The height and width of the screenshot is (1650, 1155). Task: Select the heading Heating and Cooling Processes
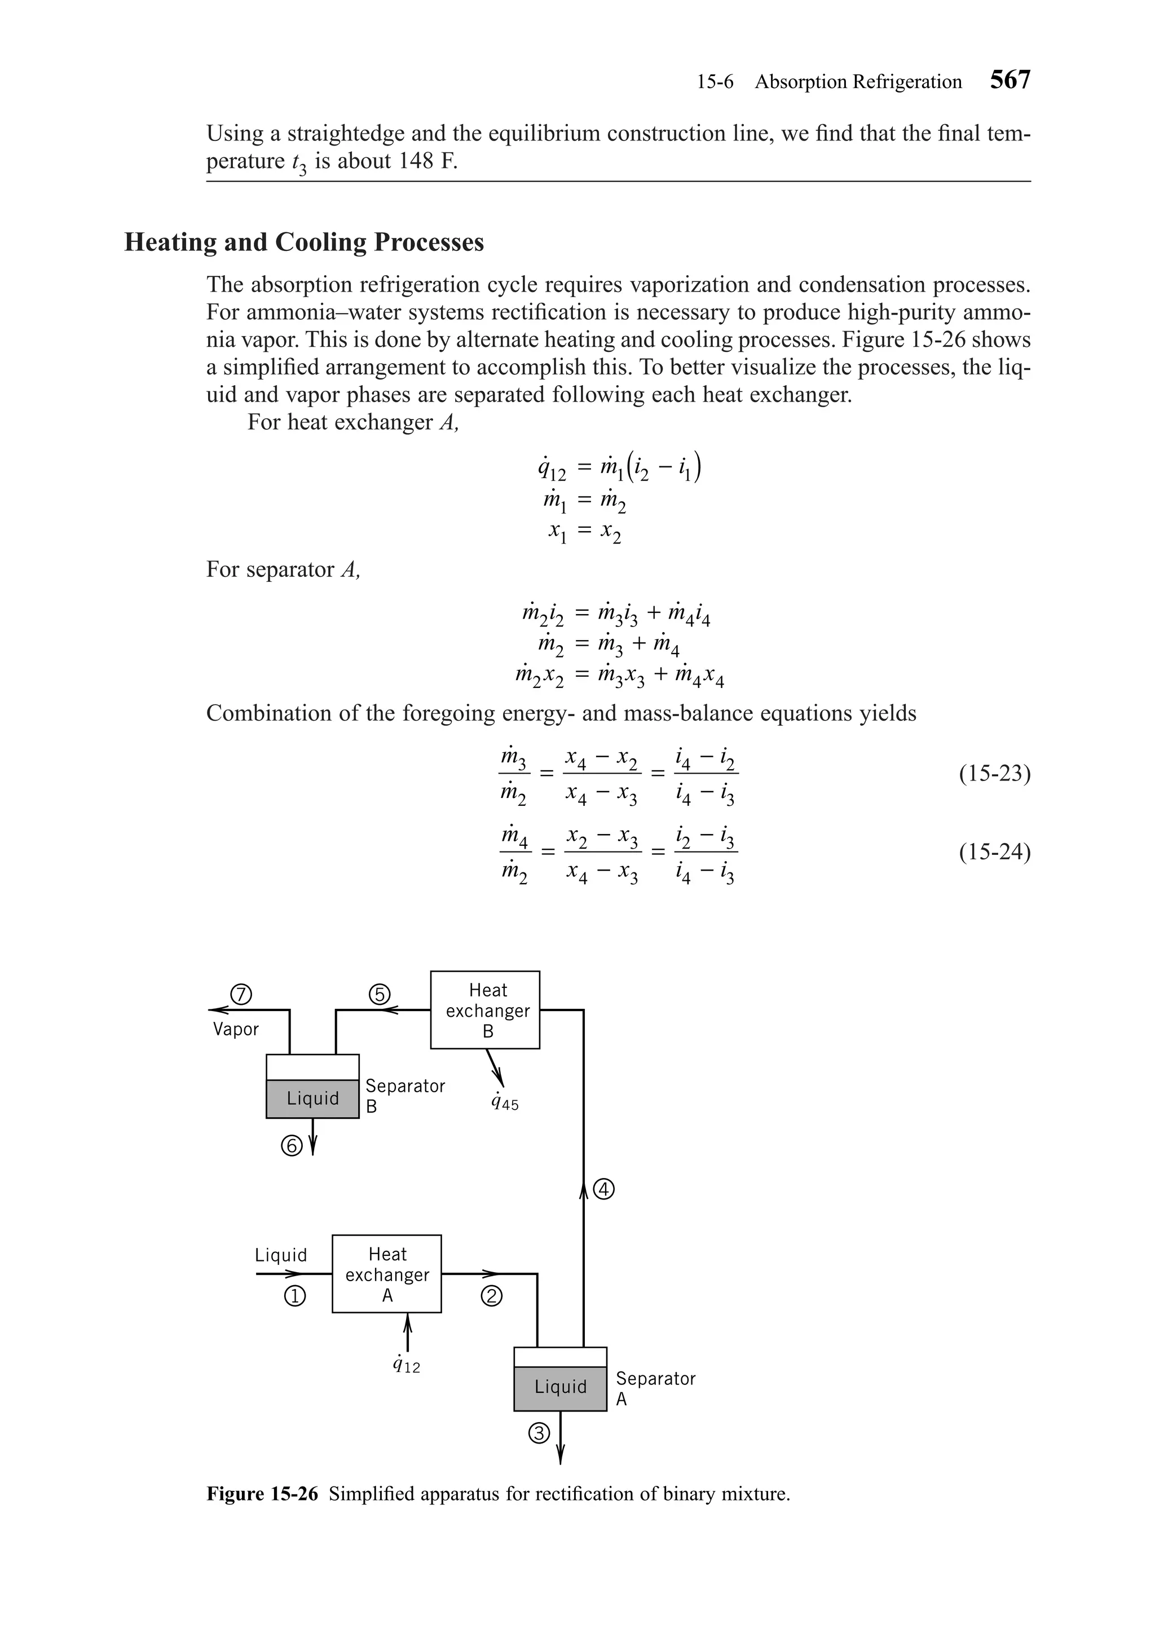[x=304, y=242]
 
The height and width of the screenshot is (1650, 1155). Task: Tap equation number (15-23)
[x=994, y=774]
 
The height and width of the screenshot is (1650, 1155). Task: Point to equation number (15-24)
[x=994, y=852]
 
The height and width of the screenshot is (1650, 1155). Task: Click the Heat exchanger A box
[x=387, y=1274]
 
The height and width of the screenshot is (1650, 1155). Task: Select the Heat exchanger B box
[x=485, y=1010]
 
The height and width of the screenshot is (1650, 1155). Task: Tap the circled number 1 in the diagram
[x=295, y=1296]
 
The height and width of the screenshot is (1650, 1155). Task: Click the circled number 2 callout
[x=492, y=1296]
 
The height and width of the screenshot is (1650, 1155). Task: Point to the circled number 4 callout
[x=605, y=1189]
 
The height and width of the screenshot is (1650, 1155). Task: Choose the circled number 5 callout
[x=379, y=994]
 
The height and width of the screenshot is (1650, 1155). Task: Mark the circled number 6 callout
[x=292, y=1145]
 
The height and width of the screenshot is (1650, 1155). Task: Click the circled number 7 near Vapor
[x=241, y=994]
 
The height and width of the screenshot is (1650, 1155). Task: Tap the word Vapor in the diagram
[x=236, y=1029]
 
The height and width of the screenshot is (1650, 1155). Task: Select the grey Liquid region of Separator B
[x=312, y=1098]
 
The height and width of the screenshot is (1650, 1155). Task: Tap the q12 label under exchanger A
[x=407, y=1365]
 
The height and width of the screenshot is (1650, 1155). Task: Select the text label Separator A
[x=655, y=1388]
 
